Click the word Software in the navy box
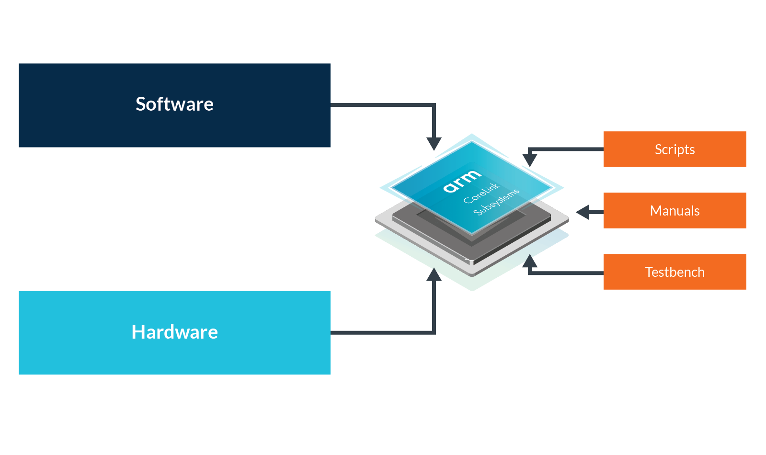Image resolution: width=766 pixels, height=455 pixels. (x=174, y=104)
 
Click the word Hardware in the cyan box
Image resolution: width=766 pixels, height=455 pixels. (x=174, y=332)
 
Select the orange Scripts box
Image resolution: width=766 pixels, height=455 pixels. (x=675, y=149)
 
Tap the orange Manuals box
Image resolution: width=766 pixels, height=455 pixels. (x=675, y=210)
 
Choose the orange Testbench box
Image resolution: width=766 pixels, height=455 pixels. (x=675, y=272)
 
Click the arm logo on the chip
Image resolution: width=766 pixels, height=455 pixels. (x=461, y=181)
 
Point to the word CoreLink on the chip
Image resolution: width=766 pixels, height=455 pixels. (x=481, y=193)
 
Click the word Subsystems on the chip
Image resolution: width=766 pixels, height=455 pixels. (x=496, y=202)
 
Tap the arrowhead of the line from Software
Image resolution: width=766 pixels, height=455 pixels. (x=434, y=143)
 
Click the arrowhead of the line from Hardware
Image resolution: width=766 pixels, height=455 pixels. (x=434, y=275)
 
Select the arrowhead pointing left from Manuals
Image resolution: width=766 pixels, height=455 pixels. (x=583, y=212)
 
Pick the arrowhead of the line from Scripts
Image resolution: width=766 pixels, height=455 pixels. (x=529, y=159)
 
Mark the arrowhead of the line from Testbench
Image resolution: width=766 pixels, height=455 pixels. (x=529, y=262)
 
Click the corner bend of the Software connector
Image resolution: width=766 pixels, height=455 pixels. (x=434, y=104)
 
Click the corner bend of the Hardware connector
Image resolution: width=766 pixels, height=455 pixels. (x=434, y=332)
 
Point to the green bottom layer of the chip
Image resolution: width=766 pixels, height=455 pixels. (x=472, y=284)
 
